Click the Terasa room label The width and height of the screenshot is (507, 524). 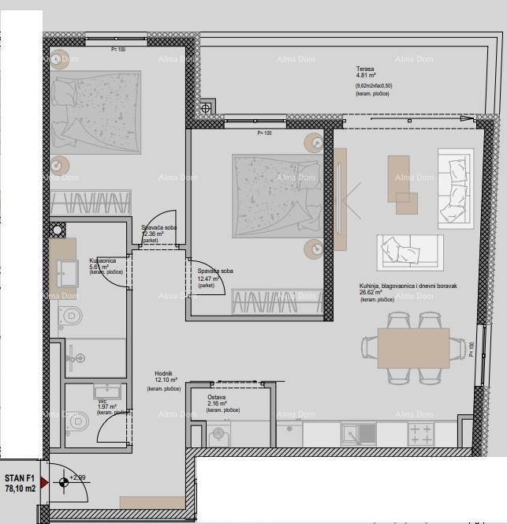(363, 69)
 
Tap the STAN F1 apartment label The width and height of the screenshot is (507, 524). (20, 478)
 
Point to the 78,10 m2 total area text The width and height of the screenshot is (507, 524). (20, 489)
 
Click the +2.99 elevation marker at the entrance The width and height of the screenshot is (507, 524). (77, 477)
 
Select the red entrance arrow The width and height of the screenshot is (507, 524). (44, 481)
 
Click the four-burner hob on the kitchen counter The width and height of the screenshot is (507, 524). (420, 433)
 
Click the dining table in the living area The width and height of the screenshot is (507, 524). (413, 346)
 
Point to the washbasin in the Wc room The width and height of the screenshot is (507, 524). (105, 391)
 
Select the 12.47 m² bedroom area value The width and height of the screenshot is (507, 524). (209, 279)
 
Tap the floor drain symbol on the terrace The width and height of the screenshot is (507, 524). (207, 107)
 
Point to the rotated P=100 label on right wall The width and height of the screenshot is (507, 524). (472, 348)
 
